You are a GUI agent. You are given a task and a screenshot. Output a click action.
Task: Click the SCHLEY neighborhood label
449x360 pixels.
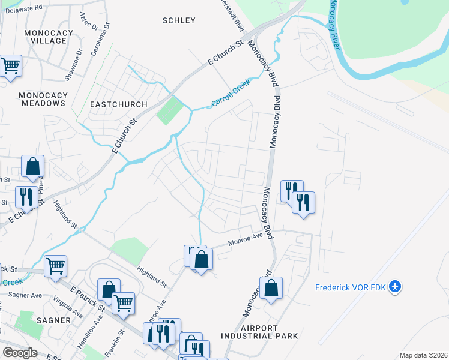179,20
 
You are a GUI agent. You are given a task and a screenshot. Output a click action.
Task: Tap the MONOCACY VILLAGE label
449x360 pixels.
46,35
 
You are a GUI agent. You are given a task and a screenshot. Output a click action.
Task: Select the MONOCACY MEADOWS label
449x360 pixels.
41,99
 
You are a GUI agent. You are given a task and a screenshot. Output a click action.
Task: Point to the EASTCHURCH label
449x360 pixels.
118,104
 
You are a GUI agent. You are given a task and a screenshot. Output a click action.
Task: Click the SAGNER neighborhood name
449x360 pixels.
53,320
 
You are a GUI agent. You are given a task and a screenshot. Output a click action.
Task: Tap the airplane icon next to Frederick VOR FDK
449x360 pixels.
395,287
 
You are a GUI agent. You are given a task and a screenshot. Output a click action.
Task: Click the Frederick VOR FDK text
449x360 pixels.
350,287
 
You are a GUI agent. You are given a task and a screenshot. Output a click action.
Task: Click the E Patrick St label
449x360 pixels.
88,298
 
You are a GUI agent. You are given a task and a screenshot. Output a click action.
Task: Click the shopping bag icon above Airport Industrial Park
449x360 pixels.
271,288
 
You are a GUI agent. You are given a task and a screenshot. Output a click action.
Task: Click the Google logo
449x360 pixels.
19,353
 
